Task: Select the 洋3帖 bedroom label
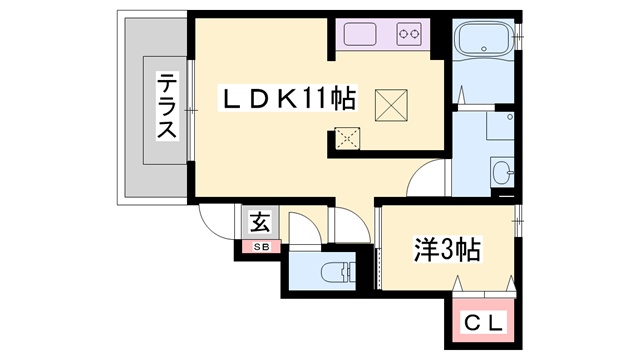tap(447, 250)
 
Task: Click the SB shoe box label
tap(259, 246)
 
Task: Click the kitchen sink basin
tap(356, 36)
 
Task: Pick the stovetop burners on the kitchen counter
tap(410, 35)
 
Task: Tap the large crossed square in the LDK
tap(389, 103)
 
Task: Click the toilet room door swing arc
tap(304, 226)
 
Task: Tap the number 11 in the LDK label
tap(316, 98)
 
